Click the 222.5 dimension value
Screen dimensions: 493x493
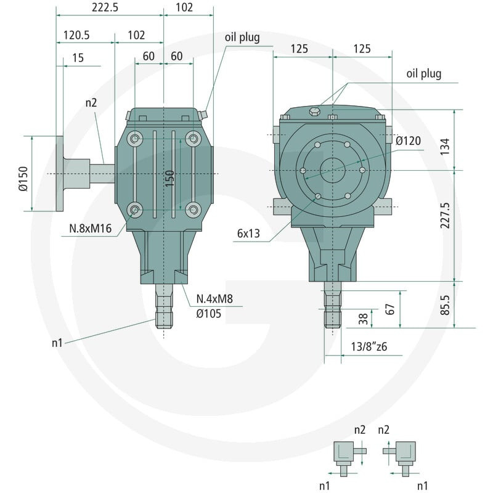click(105, 7)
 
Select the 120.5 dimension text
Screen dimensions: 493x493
click(76, 35)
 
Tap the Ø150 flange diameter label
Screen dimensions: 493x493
click(23, 179)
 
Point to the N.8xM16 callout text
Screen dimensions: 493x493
click(90, 228)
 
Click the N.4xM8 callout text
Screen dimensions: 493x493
click(214, 299)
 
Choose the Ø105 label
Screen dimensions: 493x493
click(209, 314)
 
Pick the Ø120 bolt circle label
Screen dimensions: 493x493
click(408, 141)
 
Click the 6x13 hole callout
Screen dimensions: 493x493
click(248, 234)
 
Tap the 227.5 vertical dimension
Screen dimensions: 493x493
click(445, 215)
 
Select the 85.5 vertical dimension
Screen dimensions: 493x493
click(445, 305)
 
